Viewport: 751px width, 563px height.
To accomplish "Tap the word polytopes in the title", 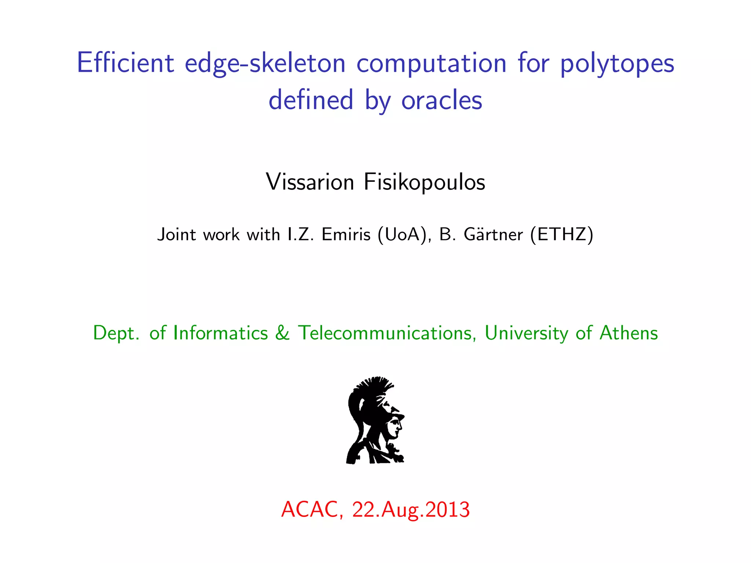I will [617, 63].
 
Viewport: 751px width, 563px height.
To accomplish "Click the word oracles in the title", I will [442, 100].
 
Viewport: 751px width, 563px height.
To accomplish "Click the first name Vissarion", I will [310, 182].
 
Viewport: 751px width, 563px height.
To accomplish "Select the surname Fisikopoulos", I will [424, 182].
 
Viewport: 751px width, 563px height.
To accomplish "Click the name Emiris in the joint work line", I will [346, 235].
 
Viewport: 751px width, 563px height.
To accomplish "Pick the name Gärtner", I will [493, 235].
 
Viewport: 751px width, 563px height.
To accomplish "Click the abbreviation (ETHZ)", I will [561, 235].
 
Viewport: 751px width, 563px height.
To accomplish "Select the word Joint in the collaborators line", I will [176, 235].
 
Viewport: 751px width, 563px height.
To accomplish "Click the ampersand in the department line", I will [282, 333].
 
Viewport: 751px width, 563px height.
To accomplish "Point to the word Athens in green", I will [629, 333].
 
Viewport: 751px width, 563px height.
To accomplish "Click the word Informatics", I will [220, 333].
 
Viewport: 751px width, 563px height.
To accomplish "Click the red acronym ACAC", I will [312, 509].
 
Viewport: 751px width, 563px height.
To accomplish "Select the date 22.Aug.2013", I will [411, 509].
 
